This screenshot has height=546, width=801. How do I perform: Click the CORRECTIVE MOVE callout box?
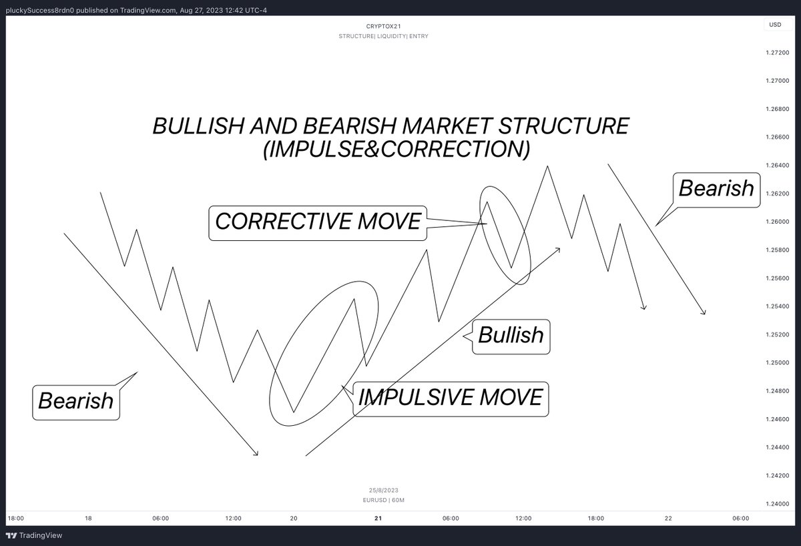pos(318,222)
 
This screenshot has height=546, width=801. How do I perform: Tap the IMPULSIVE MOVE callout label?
pos(451,397)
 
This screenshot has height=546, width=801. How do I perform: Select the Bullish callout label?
pos(511,334)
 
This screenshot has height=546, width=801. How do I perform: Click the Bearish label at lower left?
pos(76,400)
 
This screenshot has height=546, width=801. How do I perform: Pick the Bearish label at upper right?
pos(716,188)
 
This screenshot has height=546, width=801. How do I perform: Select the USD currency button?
pos(775,25)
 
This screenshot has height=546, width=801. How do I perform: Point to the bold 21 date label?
pos(378,518)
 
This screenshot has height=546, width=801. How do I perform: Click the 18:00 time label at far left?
pos(16,518)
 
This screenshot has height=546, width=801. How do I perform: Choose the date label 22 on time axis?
pos(668,518)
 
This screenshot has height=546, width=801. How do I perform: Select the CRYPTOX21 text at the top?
pos(383,26)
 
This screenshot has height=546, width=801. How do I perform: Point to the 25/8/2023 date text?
pos(384,490)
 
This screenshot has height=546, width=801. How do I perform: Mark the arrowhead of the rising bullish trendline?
pos(558,249)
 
